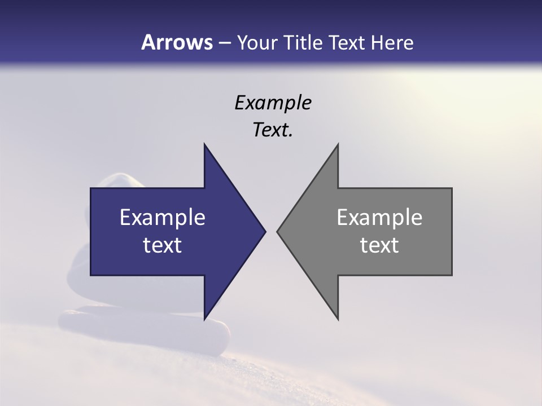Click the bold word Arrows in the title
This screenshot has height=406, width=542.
tap(177, 42)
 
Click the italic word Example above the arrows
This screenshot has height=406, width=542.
tap(273, 103)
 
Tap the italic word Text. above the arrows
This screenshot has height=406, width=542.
tap(273, 130)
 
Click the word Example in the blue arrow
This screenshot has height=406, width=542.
tap(162, 218)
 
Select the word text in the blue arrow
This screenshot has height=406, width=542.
tap(162, 245)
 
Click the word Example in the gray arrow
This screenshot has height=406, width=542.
tap(379, 218)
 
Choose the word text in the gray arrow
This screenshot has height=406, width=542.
tap(379, 245)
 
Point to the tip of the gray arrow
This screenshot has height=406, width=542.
tap(278, 231)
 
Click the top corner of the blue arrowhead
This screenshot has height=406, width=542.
tap(204, 144)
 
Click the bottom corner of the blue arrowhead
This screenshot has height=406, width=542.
tap(204, 319)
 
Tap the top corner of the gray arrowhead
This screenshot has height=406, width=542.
tap(338, 144)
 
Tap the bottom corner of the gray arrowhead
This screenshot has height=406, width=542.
tap(338, 319)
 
